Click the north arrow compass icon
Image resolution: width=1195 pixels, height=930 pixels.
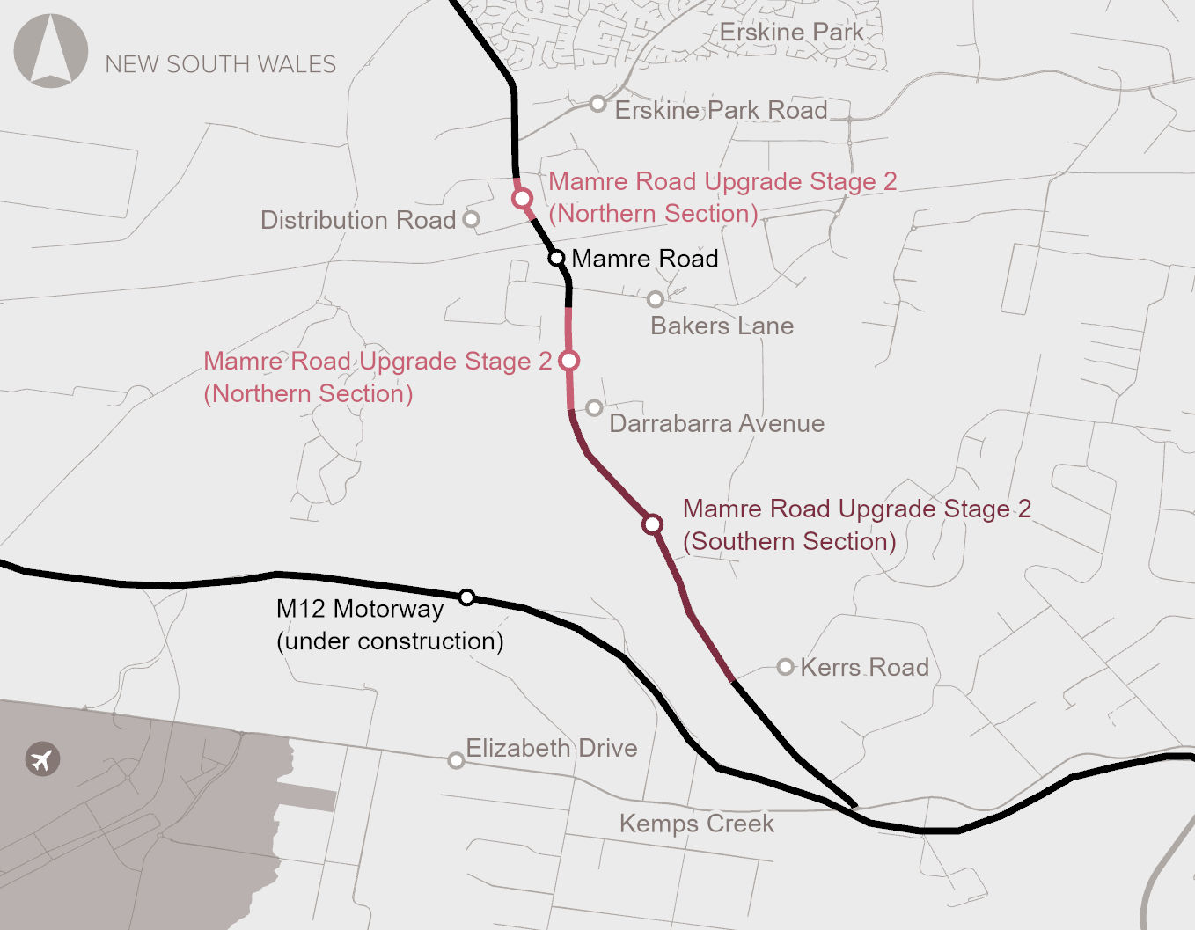pos(51,51)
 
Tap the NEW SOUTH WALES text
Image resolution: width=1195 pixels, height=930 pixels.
pos(220,64)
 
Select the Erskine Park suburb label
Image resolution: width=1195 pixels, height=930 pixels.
pos(791,33)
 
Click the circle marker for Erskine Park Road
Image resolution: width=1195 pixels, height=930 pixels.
pos(598,104)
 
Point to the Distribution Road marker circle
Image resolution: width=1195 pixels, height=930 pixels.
pos(472,219)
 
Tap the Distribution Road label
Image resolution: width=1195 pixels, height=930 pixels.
pos(357,220)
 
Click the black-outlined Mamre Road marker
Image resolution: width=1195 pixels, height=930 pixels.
pos(556,258)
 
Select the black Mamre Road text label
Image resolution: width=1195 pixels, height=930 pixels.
pos(645,259)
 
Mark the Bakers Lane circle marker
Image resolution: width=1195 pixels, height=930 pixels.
pos(656,300)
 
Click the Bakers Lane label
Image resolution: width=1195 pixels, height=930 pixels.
pos(722,326)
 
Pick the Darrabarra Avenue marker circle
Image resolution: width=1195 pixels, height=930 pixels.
pos(595,407)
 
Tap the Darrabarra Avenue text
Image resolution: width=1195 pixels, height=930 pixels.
pos(716,424)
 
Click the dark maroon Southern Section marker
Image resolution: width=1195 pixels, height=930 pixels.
pos(652,524)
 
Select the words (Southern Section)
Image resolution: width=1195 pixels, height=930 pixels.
pos(789,542)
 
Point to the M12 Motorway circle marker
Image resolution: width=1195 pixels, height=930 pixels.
pos(467,597)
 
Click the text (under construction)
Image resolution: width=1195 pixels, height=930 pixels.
pos(390,641)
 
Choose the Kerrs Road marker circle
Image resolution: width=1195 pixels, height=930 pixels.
pos(786,667)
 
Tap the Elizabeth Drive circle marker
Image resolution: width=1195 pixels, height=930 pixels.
pos(456,760)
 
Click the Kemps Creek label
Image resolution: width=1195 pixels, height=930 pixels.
pos(696,824)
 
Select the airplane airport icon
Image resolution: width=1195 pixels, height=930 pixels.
pos(42,758)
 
